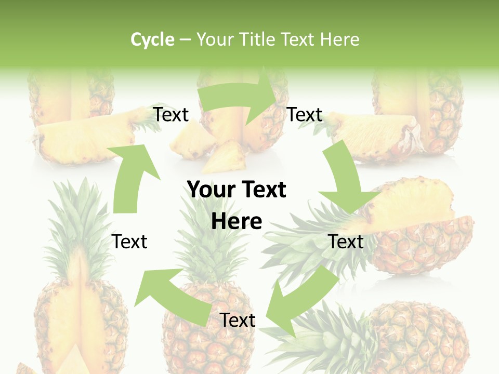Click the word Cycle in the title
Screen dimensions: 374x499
pyautogui.click(x=152, y=39)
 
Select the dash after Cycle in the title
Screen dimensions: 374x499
pyautogui.click(x=185, y=40)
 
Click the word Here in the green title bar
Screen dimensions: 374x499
pyautogui.click(x=340, y=39)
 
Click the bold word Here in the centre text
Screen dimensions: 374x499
pyautogui.click(x=237, y=222)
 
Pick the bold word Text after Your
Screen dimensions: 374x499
pyautogui.click(x=263, y=190)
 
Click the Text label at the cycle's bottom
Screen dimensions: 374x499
pyautogui.click(x=237, y=320)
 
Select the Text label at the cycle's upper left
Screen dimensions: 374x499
pyautogui.click(x=170, y=114)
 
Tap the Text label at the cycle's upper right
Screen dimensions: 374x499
pyautogui.click(x=305, y=114)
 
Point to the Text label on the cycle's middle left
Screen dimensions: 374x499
pyautogui.click(x=129, y=242)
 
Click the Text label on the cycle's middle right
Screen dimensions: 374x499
pyautogui.click(x=346, y=242)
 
